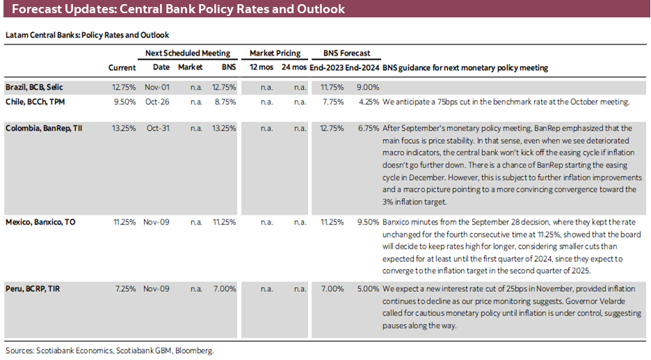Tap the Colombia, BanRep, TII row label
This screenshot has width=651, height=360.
[43, 128]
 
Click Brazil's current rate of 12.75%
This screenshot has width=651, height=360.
[124, 88]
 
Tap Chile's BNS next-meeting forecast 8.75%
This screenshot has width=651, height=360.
[224, 101]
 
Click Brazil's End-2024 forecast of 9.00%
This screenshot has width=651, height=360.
[367, 88]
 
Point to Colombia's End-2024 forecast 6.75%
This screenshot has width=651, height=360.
[367, 128]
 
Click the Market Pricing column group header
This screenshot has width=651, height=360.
[275, 53]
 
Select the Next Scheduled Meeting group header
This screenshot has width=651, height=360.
[187, 53]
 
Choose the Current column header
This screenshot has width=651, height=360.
[122, 67]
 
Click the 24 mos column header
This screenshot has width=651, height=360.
[295, 67]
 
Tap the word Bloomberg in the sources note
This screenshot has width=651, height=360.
[195, 351]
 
